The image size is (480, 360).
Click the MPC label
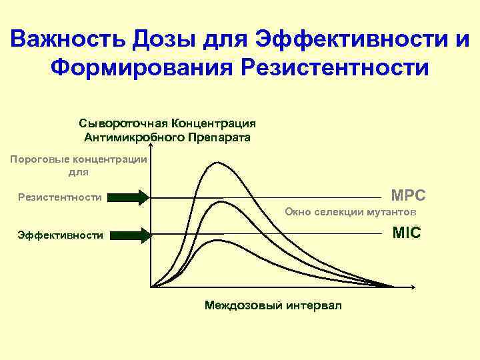click(x=408, y=197)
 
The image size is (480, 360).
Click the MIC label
click(x=407, y=233)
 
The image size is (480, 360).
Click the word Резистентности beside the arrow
click(x=60, y=197)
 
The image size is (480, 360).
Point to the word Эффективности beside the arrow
click(x=61, y=235)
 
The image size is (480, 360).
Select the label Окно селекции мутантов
click(x=350, y=212)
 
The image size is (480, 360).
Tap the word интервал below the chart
click(x=314, y=305)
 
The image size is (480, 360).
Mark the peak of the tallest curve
click(x=216, y=162)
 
